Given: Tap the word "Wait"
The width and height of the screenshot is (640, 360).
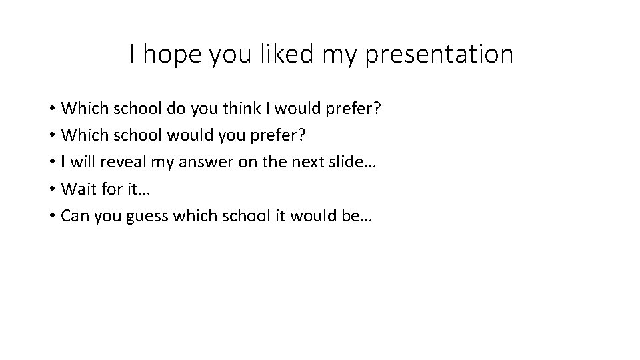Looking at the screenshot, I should (x=77, y=189).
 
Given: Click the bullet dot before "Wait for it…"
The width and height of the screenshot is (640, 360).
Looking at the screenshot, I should (x=51, y=189).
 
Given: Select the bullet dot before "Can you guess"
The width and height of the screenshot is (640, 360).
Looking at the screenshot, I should (x=51, y=216).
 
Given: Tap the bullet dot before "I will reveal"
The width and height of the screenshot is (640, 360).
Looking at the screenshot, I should (x=51, y=162).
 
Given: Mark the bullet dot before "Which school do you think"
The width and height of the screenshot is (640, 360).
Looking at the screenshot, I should (x=51, y=108).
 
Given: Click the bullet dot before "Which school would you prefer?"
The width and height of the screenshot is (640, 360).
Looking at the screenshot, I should (x=51, y=135).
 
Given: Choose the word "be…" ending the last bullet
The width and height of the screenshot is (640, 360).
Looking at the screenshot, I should (x=359, y=215).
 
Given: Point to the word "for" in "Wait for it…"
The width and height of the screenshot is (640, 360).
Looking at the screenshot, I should (x=109, y=189).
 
